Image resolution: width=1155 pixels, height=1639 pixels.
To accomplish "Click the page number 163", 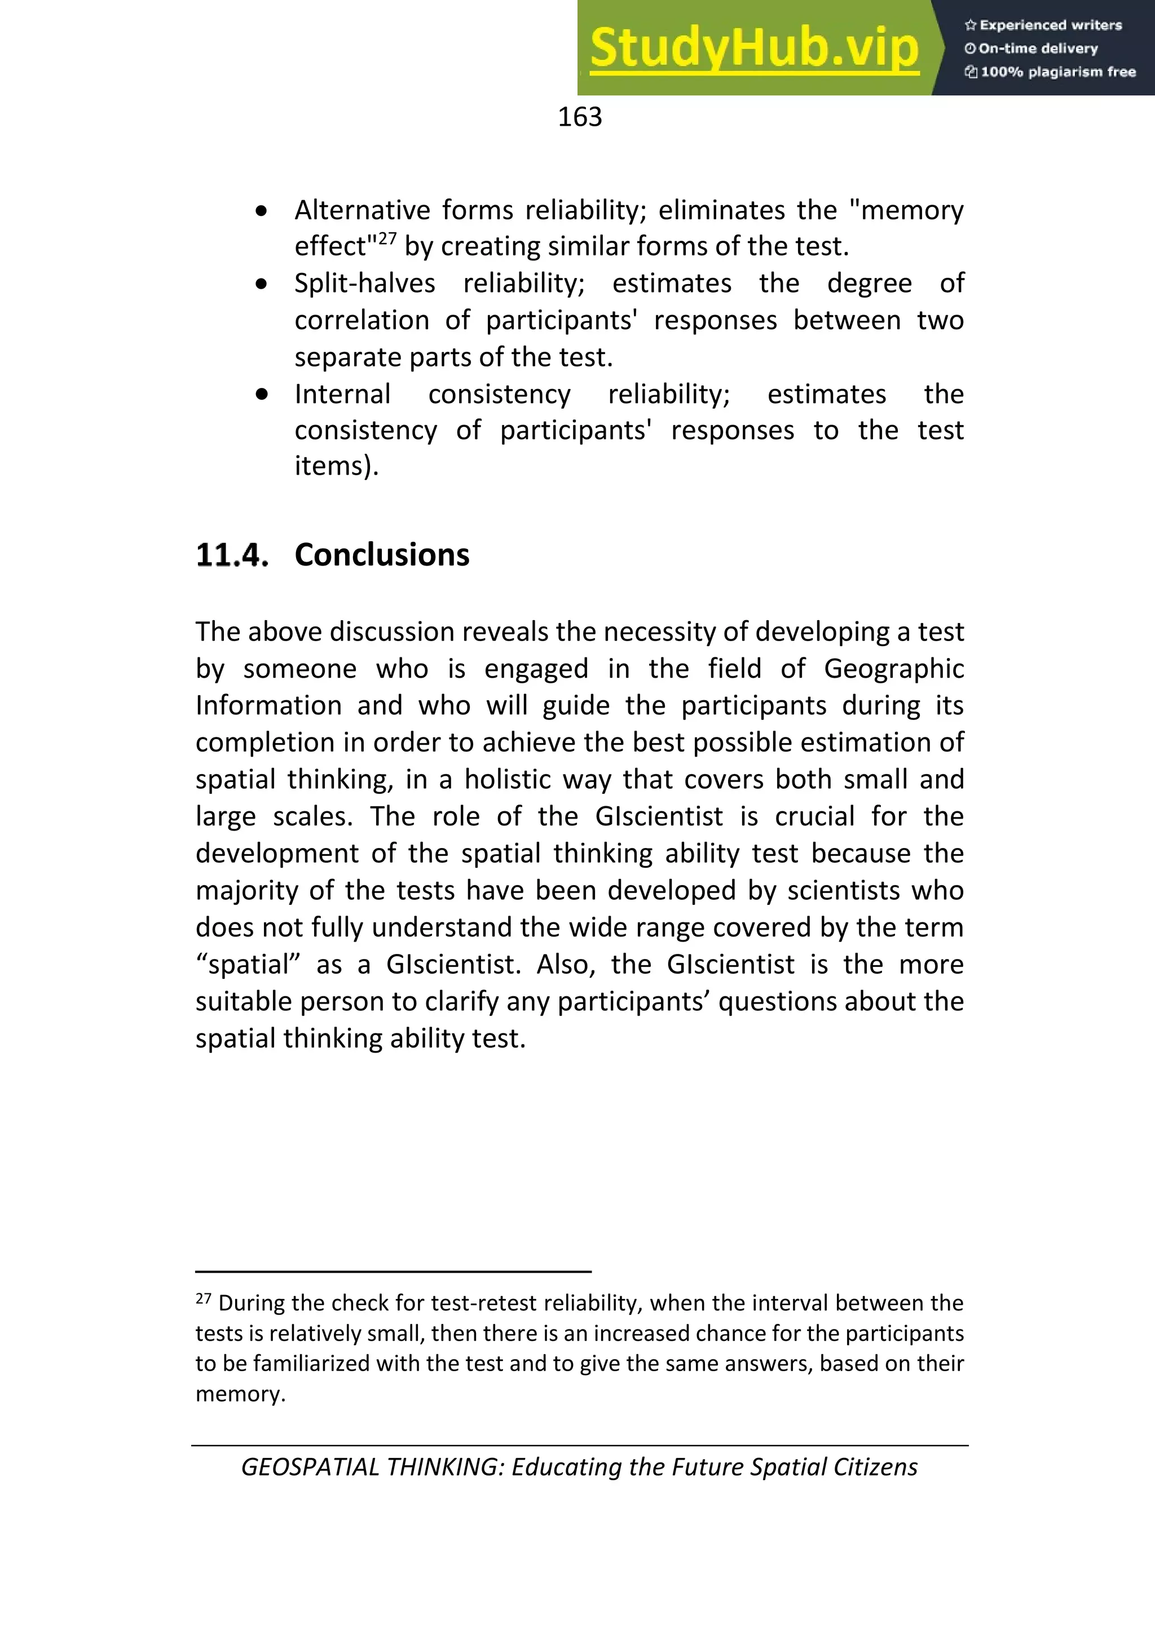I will [x=580, y=117].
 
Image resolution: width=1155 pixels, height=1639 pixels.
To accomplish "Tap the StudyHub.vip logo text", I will [x=754, y=48].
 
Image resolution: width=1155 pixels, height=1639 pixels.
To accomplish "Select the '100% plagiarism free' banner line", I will [x=1050, y=72].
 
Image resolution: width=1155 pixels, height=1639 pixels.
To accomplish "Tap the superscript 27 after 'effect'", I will [x=386, y=238].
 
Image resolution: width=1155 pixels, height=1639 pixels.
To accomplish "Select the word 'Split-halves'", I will [x=365, y=284].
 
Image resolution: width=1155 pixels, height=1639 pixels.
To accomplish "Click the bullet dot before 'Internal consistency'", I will [x=262, y=394].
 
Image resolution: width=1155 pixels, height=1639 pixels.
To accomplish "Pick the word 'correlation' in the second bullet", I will [x=361, y=320].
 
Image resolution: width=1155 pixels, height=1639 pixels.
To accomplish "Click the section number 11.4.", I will [x=232, y=555].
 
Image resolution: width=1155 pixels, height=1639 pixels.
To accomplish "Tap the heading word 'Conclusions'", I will [x=382, y=555].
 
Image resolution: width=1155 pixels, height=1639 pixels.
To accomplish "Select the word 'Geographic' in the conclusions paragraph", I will [x=894, y=669].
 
